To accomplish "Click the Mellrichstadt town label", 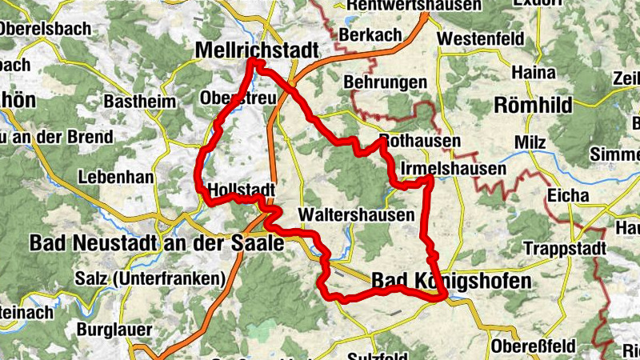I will pos(257,50).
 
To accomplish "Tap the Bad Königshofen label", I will pos(450,282).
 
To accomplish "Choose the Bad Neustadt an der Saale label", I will pos(156,243).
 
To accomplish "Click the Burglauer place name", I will pos(114,328).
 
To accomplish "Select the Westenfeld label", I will pos(481,38).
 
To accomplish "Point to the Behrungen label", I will pos(385,82).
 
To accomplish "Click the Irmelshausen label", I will pos(452,169).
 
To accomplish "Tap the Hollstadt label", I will pos(241,190).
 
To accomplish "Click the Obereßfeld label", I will pos(533,346).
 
